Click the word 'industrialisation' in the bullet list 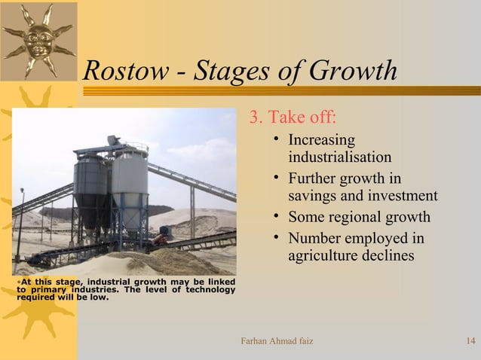[339, 157]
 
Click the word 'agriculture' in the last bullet [325, 256]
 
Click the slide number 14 [470, 342]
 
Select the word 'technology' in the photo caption [208, 290]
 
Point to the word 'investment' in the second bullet [403, 197]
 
